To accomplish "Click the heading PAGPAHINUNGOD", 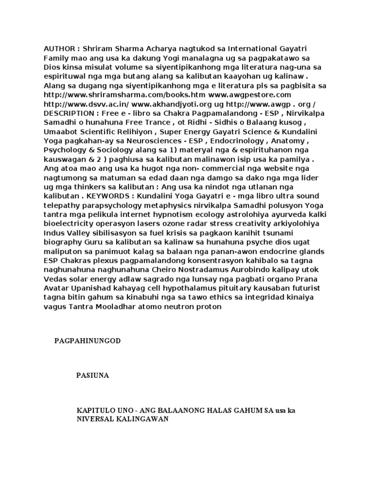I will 87,341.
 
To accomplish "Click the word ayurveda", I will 273,215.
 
